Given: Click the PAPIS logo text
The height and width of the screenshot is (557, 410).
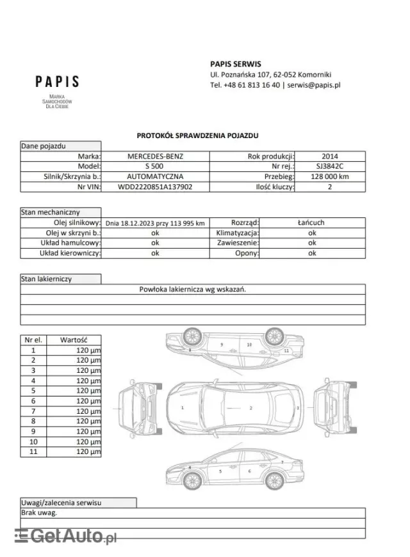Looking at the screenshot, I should [57, 82].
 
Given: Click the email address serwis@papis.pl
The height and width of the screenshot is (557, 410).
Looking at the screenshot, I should [313, 84].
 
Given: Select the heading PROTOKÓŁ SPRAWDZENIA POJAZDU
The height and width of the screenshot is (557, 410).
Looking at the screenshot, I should [197, 136].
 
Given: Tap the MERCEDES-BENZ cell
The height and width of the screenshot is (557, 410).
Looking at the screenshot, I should [155, 156].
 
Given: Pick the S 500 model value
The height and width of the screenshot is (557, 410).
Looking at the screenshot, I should [155, 166].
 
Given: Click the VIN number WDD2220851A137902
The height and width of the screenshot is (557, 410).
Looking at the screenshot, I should [155, 187].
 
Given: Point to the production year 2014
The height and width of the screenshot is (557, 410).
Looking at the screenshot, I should [331, 156].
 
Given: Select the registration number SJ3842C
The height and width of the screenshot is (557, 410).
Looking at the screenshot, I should [331, 166].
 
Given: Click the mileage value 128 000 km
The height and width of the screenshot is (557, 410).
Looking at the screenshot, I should [331, 177].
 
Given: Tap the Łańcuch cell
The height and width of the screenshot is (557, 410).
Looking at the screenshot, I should [312, 223].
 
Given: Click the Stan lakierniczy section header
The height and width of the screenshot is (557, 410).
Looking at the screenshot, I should [46, 279].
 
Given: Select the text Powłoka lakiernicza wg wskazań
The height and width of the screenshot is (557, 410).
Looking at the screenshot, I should [193, 289].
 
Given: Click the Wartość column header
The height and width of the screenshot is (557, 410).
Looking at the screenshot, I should [74, 340].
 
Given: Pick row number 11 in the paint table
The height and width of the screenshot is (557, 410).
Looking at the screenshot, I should [33, 452].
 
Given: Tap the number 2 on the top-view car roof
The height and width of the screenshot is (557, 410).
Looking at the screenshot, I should [251, 407].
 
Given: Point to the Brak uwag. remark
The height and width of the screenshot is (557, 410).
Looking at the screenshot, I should [39, 513].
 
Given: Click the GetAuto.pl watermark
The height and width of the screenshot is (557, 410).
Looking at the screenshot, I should [66, 536].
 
